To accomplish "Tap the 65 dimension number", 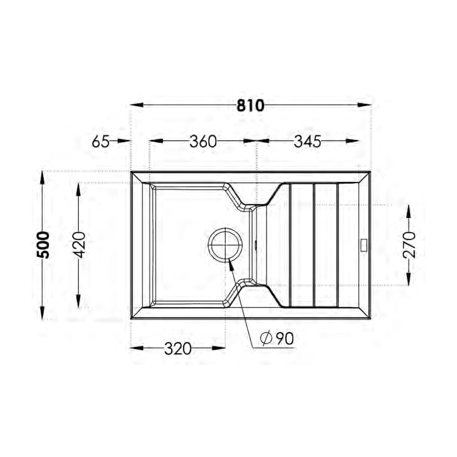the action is click(x=101, y=142).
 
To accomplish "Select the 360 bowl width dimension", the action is click(x=203, y=142).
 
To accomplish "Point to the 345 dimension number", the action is click(x=307, y=142).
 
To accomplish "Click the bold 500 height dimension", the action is click(x=43, y=245).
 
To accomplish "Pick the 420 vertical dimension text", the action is click(x=79, y=245).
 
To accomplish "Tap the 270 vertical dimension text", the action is click(x=409, y=245).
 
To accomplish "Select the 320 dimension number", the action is click(x=177, y=349).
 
